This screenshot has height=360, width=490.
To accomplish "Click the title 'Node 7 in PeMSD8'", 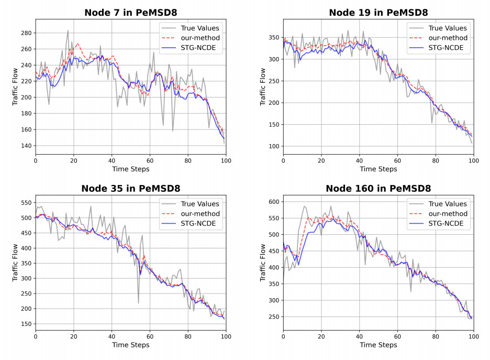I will click(130, 13).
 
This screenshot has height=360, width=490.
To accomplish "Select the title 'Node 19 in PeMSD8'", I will click(378, 13).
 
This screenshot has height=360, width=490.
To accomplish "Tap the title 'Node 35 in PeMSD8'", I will click(130, 188).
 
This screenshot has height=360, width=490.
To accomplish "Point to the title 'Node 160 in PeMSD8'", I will click(378, 188).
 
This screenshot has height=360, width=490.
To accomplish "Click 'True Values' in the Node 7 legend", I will click(200, 28).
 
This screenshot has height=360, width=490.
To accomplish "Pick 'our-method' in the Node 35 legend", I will click(200, 214).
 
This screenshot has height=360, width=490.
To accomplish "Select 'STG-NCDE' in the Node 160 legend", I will click(445, 224).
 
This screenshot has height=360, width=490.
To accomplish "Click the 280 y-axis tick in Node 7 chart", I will click(25, 33).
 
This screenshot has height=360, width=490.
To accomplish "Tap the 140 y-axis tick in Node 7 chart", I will click(25, 146).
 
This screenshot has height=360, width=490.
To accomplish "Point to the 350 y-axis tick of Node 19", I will click(273, 38).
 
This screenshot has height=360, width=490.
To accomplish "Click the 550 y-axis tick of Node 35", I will click(25, 202).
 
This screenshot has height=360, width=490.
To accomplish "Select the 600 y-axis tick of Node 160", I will click(273, 202).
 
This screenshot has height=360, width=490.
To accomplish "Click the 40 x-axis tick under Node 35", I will click(112, 336).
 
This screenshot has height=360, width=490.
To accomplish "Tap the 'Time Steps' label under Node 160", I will click(378, 345).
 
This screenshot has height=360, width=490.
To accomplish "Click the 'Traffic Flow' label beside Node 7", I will click(15, 86).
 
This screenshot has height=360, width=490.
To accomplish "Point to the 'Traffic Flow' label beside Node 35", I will click(15, 263).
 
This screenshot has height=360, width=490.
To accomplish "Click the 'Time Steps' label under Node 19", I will click(378, 169).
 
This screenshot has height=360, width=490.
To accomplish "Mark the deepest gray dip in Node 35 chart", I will click(138, 303).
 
